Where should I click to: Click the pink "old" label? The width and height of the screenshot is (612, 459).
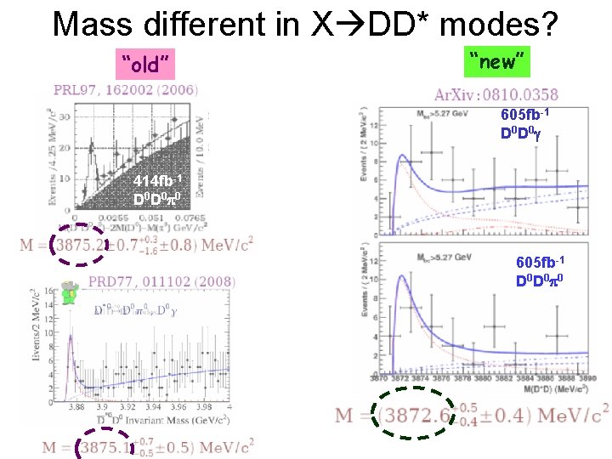coord(147,63)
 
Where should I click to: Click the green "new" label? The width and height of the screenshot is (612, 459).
coord(499,60)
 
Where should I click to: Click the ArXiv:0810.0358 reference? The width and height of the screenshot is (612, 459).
coord(496,95)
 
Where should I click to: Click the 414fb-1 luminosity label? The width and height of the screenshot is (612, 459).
coord(158,182)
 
